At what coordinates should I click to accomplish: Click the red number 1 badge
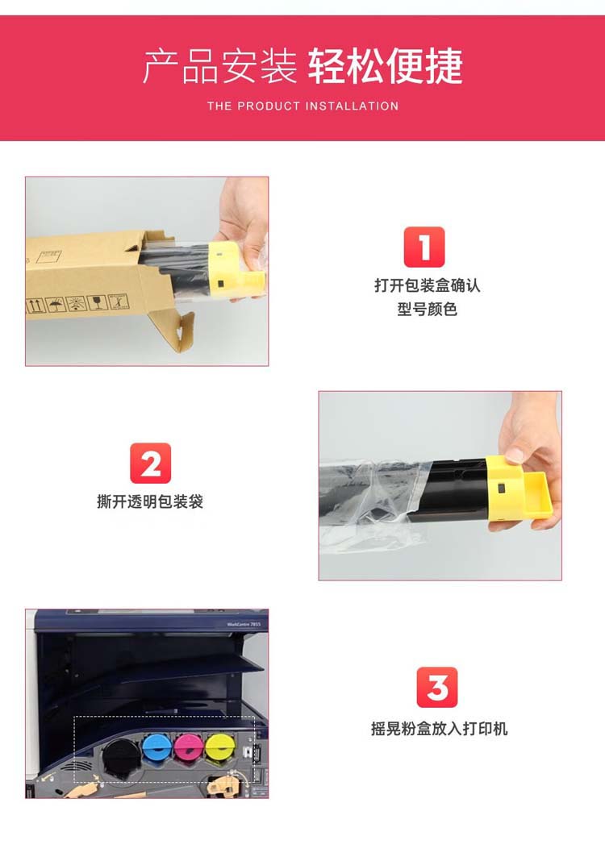tap(424, 247)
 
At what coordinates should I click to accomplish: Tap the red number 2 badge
tap(151, 464)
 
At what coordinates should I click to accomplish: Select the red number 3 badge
tap(437, 687)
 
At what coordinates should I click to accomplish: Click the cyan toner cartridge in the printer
tap(158, 748)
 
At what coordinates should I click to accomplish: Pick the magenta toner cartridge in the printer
tap(189, 748)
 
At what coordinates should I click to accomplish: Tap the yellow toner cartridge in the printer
tap(220, 748)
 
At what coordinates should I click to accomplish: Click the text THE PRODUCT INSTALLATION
tap(302, 106)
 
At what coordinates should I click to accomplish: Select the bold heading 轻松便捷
tap(386, 66)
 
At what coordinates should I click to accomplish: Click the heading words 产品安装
tap(219, 66)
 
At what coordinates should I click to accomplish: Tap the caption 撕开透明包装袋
tap(150, 501)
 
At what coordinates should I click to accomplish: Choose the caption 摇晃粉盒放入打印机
tap(439, 729)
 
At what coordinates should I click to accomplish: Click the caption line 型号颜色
tap(427, 309)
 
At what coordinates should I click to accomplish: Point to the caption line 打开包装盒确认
tap(427, 285)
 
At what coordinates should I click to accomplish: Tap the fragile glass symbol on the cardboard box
tap(97, 302)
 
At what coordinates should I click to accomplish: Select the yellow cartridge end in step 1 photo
tap(236, 271)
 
